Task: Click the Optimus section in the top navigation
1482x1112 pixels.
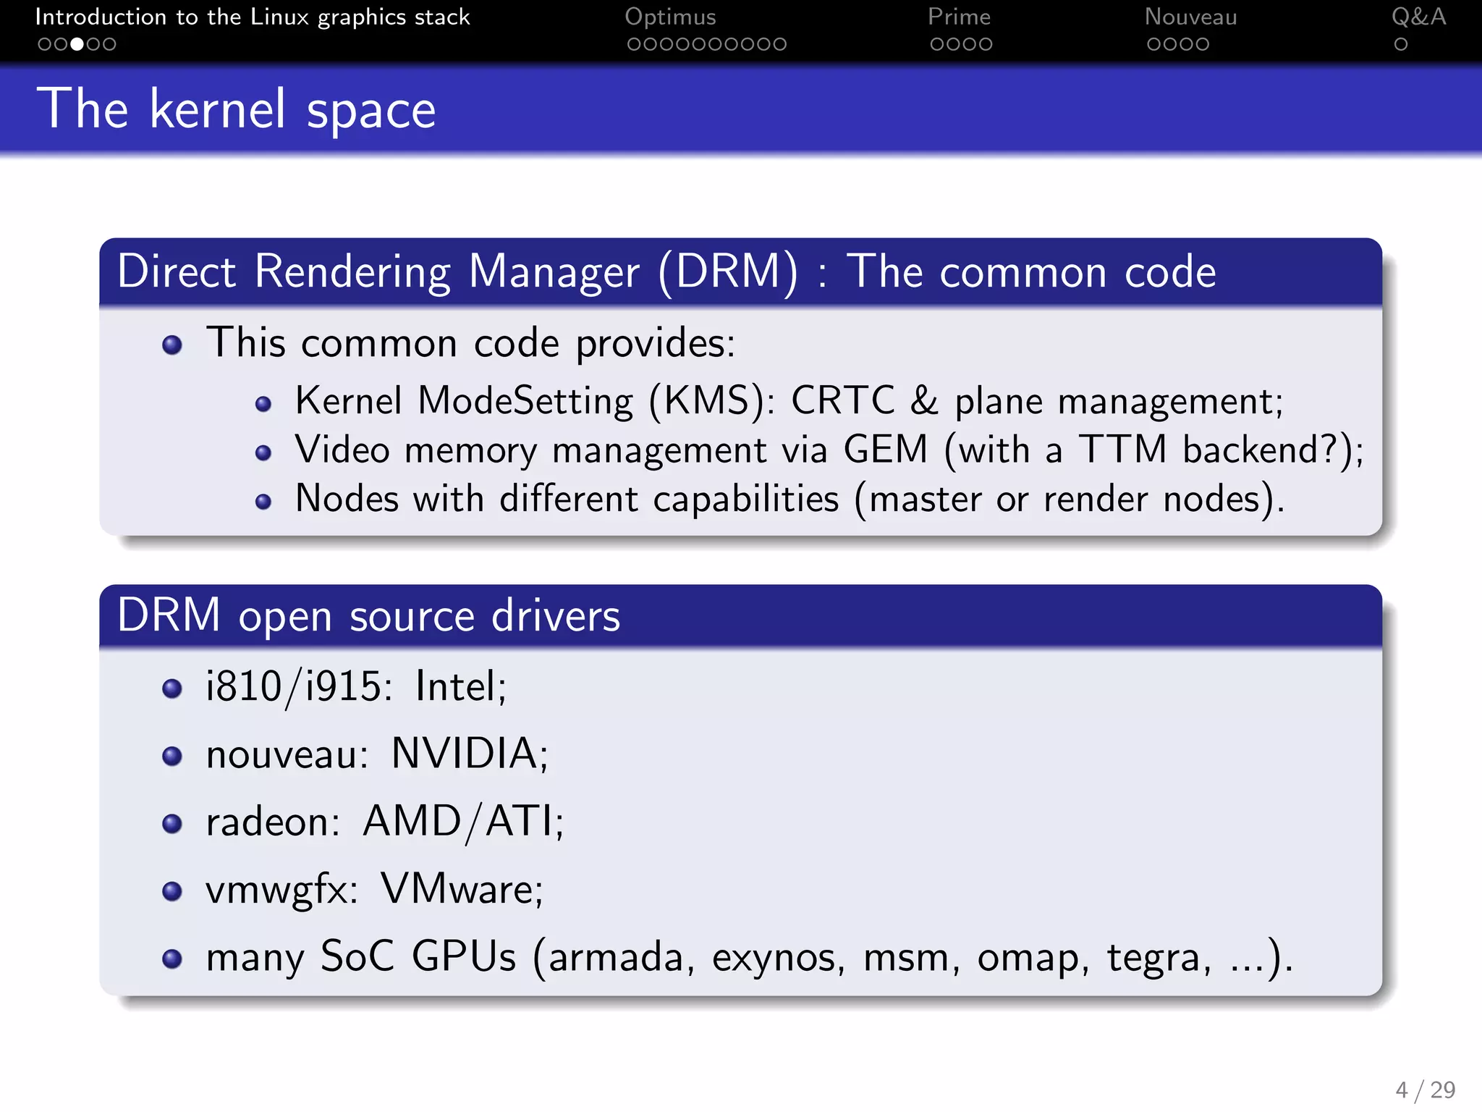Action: pos(670,17)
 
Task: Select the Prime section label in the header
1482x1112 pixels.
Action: pos(959,17)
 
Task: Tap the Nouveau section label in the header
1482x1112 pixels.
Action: pos(1190,17)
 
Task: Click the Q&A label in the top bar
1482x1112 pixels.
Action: pos(1418,17)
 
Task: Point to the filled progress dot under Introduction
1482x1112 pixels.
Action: pos(77,44)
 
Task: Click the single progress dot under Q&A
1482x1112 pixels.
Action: pos(1401,44)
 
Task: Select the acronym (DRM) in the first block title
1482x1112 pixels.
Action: pos(729,272)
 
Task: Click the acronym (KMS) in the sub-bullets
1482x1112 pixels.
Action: pos(707,401)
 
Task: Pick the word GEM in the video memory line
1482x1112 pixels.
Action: pos(885,450)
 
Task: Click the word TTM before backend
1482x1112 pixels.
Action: pos(1122,450)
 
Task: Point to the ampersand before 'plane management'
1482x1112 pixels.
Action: pos(924,400)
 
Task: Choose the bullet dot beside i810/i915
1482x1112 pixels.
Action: pos(172,688)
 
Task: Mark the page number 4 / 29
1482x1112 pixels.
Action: pos(1425,1090)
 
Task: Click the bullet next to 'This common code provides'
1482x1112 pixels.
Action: pos(172,345)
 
